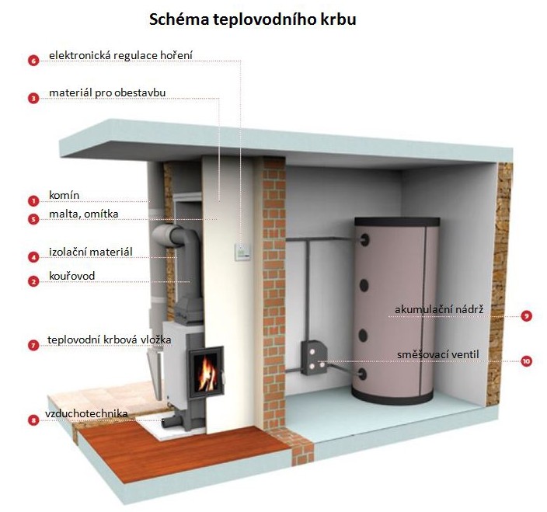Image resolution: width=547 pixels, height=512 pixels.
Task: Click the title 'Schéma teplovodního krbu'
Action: tap(253, 19)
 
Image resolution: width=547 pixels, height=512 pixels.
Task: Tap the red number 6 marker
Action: tap(33, 60)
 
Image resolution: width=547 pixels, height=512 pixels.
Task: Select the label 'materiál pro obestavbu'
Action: tap(107, 93)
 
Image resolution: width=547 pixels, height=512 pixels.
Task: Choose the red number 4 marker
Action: tap(33, 256)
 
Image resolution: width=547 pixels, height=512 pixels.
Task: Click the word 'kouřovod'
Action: tap(71, 276)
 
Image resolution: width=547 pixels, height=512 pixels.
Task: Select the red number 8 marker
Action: tap(33, 420)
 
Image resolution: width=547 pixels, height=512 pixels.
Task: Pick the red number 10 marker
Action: tap(527, 361)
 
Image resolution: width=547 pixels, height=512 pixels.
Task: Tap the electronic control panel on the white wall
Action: tap(243, 249)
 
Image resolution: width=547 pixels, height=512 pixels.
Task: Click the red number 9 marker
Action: tap(527, 316)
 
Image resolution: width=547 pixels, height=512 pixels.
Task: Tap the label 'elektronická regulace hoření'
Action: tap(120, 56)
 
